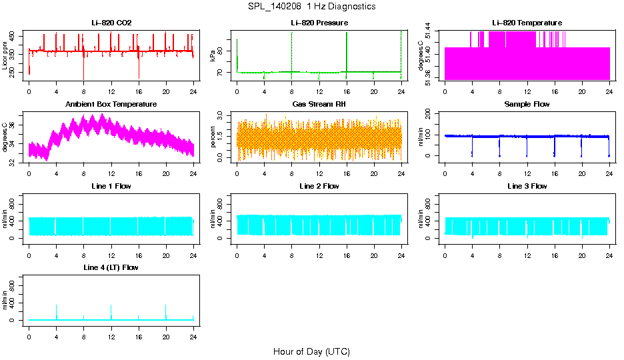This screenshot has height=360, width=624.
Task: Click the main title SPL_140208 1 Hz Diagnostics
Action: click(311, 6)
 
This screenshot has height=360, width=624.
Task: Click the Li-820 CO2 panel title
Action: click(111, 23)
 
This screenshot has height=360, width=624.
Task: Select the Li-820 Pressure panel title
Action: click(319, 23)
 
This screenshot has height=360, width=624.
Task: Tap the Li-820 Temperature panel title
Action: click(527, 23)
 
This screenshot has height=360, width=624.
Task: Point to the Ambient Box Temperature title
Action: click(111, 105)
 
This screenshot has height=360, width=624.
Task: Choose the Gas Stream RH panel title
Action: click(319, 105)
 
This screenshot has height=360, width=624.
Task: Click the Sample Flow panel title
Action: click(527, 105)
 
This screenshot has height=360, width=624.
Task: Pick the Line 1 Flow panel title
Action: click(111, 186)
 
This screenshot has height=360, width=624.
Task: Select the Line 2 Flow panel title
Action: click(319, 186)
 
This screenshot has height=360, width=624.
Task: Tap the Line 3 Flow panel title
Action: click(527, 186)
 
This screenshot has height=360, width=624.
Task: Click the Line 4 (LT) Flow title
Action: click(111, 267)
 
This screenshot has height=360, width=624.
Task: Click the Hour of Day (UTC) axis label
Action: click(311, 351)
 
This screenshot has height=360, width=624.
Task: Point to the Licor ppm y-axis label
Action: click(5, 55)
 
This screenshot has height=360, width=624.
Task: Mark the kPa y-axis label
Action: click(213, 55)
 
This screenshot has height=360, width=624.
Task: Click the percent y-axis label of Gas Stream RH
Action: click(213, 137)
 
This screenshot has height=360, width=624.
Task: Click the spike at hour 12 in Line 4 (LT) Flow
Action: click(111, 307)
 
